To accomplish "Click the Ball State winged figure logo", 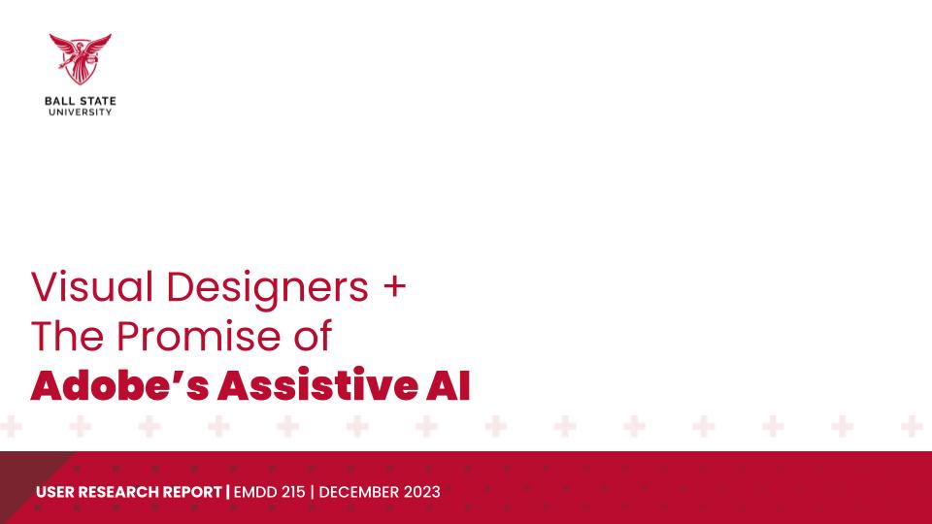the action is (x=81, y=59).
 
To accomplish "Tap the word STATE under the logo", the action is (x=98, y=101).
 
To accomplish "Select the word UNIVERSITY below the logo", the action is (x=81, y=112).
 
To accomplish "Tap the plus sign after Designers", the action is (x=395, y=286).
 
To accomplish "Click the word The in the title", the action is (x=67, y=337).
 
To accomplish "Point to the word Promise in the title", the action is (x=199, y=337).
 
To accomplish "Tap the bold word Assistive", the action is (x=318, y=385).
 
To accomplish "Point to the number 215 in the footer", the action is (x=293, y=492).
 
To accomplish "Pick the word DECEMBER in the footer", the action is (x=359, y=492).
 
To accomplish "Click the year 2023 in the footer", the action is (x=422, y=492).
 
